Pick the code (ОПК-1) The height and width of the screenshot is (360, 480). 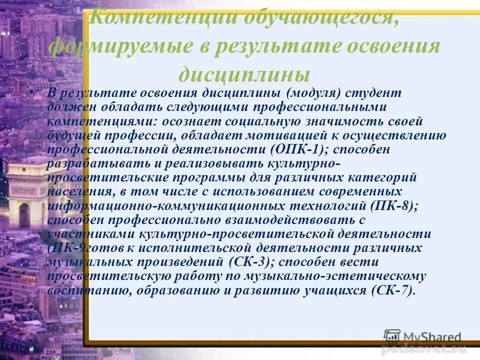[290, 149]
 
